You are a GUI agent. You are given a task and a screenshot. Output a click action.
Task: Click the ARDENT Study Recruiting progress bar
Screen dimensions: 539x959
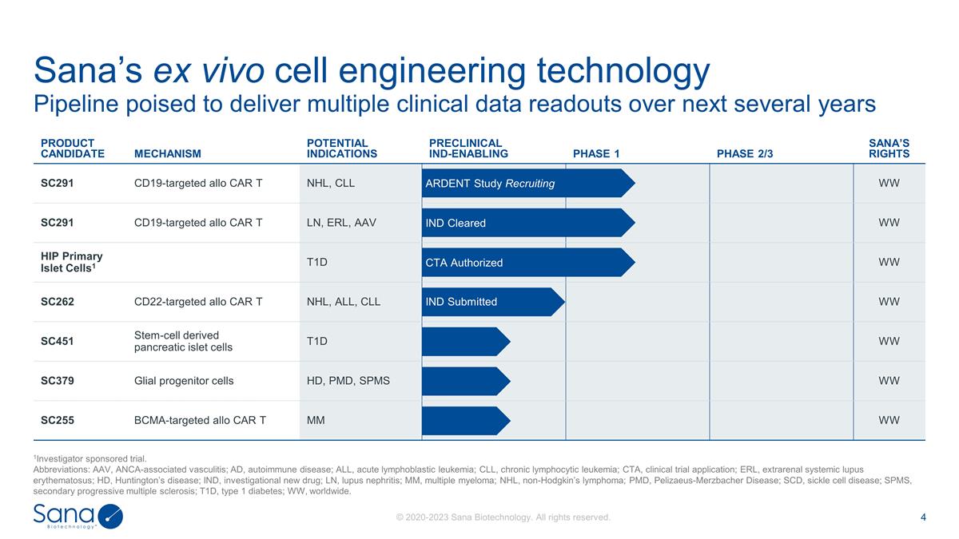527,184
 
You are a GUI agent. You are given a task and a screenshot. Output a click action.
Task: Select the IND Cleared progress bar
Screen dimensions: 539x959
527,223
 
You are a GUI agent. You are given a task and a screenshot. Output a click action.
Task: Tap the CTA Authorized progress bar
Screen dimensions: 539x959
527,263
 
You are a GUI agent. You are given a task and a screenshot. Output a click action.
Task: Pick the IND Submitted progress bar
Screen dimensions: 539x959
491,302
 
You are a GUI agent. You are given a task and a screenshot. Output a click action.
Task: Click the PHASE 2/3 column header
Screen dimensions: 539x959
746,154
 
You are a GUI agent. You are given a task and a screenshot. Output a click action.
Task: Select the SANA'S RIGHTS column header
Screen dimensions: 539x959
889,149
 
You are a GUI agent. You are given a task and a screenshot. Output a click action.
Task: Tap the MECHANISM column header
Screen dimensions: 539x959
168,154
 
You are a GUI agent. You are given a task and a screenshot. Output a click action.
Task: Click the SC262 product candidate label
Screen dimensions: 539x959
58,302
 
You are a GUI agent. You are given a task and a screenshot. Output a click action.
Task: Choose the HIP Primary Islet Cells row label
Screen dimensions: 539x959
72,262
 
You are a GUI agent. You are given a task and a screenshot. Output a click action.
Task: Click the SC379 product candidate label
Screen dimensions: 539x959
58,381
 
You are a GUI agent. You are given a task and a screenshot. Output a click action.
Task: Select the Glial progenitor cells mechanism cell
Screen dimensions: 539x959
184,381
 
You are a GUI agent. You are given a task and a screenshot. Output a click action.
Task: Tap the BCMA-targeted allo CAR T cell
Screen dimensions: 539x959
200,421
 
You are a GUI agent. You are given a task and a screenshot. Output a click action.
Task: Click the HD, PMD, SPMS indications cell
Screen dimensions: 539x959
348,381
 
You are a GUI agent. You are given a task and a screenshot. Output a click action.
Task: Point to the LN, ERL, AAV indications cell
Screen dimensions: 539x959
342,223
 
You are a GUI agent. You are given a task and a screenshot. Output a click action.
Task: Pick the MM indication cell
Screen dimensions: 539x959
316,421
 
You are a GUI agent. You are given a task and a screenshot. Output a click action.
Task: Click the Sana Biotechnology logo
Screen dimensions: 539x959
78,516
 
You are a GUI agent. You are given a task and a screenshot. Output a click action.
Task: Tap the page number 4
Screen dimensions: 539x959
923,517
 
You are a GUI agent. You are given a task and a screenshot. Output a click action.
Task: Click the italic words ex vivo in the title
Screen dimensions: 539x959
209,72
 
